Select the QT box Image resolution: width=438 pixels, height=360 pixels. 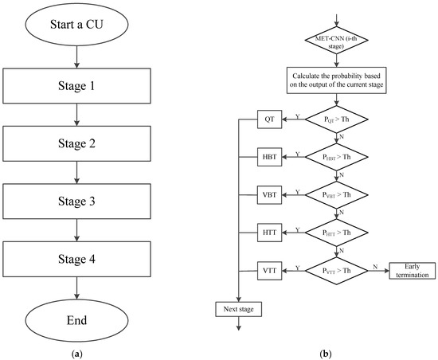tap(268, 119)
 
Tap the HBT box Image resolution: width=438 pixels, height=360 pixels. tap(268, 157)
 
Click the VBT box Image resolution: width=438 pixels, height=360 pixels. tap(268, 194)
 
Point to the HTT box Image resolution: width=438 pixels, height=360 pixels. tap(268, 233)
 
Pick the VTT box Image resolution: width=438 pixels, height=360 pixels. tap(268, 271)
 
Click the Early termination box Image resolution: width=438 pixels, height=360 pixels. tap(409, 271)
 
